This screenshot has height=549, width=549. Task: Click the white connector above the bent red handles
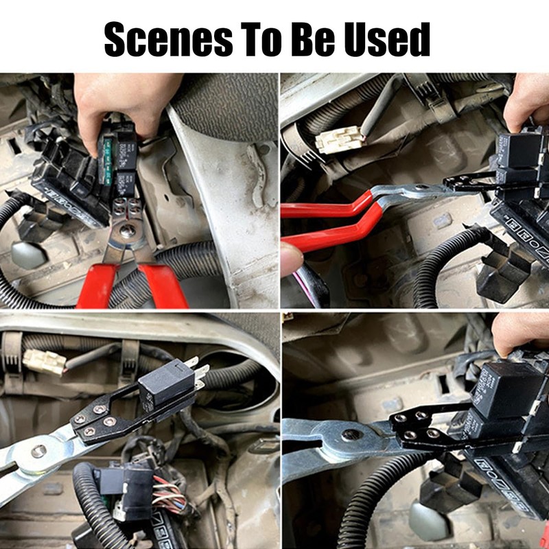pyautogui.click(x=338, y=140)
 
